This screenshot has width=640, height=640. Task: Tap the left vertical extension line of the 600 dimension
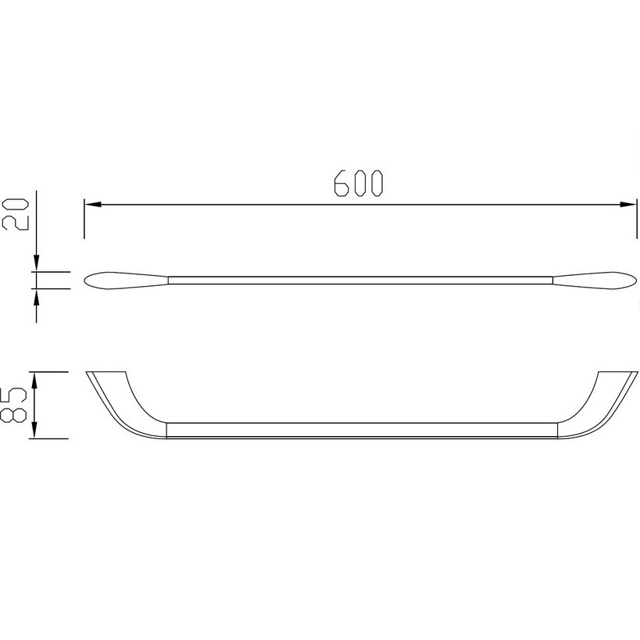(84, 219)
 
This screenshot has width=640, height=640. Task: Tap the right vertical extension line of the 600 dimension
(635, 219)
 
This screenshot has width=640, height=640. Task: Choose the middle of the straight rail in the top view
(359, 279)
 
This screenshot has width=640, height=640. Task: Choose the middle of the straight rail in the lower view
(359, 432)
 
